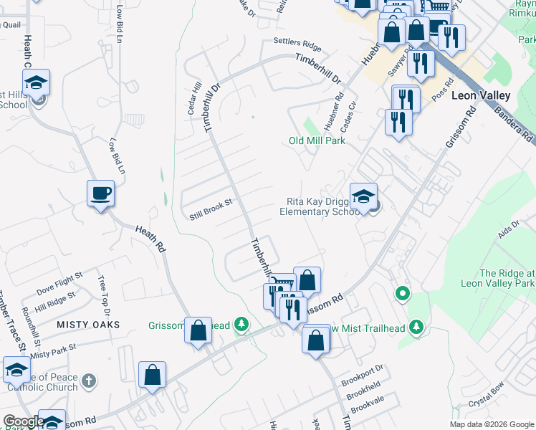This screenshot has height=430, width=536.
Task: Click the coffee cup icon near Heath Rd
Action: [100, 193]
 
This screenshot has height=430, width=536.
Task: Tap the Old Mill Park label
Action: [317, 140]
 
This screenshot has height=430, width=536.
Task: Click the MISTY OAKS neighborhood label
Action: [90, 325]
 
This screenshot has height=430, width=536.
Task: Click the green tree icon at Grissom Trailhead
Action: [241, 325]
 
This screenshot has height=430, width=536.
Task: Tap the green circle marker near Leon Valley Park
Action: [403, 293]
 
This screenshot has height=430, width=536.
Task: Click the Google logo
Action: [24, 421]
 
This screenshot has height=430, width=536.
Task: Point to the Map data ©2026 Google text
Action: [491, 424]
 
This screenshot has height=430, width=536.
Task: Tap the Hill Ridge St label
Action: [55, 296]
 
